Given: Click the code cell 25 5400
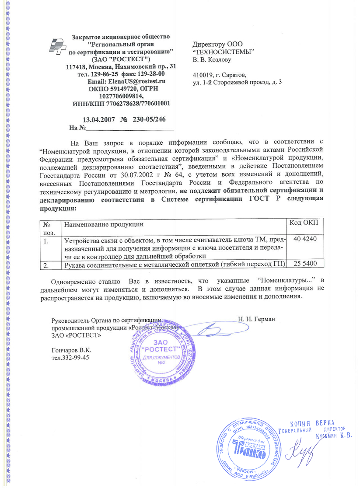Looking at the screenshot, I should (x=305, y=263).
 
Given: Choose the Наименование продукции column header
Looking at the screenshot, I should (x=104, y=224).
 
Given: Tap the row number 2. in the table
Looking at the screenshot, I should (x=46, y=265).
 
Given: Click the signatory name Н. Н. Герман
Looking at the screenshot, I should (x=256, y=319).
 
